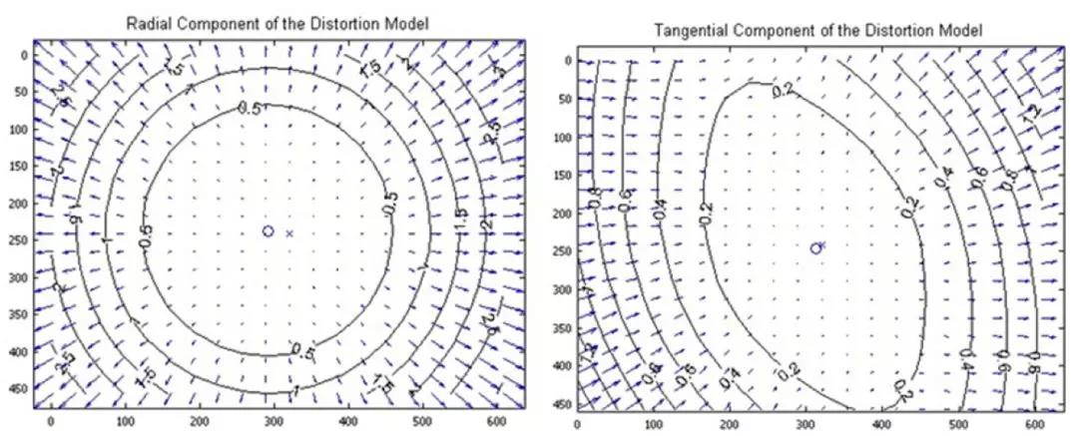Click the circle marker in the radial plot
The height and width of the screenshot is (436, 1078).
[268, 231]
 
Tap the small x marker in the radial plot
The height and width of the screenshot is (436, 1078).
[289, 233]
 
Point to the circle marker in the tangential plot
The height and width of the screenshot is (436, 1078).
[815, 247]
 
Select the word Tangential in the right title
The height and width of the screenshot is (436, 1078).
[687, 32]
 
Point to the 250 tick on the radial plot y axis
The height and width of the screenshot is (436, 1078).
[19, 238]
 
